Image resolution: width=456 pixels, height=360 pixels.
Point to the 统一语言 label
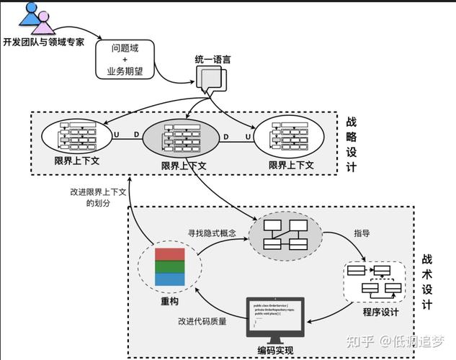[213, 60]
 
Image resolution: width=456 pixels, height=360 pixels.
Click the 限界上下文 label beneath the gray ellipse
[184, 165]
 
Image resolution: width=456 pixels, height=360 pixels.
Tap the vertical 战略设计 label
[352, 144]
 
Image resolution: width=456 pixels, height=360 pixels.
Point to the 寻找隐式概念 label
[212, 233]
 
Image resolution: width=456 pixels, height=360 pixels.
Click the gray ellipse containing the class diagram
[285, 235]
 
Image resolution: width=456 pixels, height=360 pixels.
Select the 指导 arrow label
[362, 233]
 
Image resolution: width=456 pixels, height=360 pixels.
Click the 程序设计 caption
[380, 312]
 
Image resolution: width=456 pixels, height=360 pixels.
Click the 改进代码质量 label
[202, 321]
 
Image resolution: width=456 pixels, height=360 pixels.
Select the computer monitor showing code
[276, 318]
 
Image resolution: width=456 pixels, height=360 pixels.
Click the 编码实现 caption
[277, 351]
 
